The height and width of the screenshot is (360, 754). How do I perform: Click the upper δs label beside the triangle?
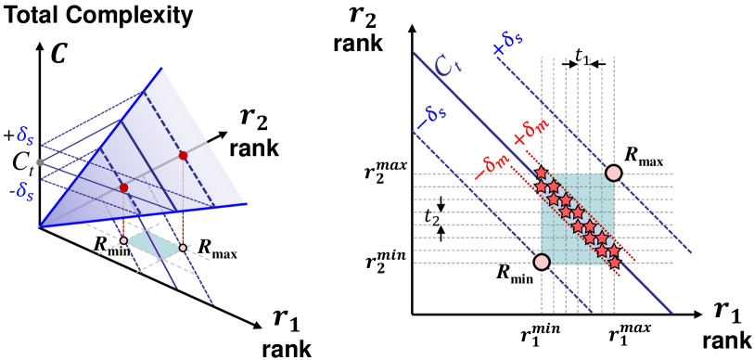click(x=25, y=135)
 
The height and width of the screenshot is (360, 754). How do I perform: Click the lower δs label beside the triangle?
click(x=25, y=191)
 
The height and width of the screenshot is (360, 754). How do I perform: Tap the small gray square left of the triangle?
click(x=40, y=162)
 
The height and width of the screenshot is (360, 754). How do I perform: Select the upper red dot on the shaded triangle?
click(x=183, y=155)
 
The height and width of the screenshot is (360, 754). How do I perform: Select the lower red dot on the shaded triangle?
click(x=123, y=187)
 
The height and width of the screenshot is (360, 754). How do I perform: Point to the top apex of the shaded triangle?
click(x=162, y=68)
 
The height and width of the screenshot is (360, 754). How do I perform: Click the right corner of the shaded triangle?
click(x=246, y=204)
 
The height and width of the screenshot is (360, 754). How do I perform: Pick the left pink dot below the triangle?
click(x=123, y=240)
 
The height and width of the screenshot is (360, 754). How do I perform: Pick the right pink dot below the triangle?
click(x=183, y=248)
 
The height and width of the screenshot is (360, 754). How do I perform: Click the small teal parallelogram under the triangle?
click(x=153, y=245)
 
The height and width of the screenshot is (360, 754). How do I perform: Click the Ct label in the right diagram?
click(x=447, y=65)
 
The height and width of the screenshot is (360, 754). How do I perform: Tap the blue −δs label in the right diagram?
click(x=431, y=116)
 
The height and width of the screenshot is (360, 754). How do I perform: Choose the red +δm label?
click(x=531, y=131)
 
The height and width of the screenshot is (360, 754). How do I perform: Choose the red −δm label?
click(x=492, y=166)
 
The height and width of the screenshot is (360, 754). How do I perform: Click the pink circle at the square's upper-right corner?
click(x=613, y=174)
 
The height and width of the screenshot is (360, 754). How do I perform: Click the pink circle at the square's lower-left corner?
click(x=542, y=262)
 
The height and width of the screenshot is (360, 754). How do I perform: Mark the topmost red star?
click(x=542, y=173)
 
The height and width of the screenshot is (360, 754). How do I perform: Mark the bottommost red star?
click(x=614, y=263)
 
